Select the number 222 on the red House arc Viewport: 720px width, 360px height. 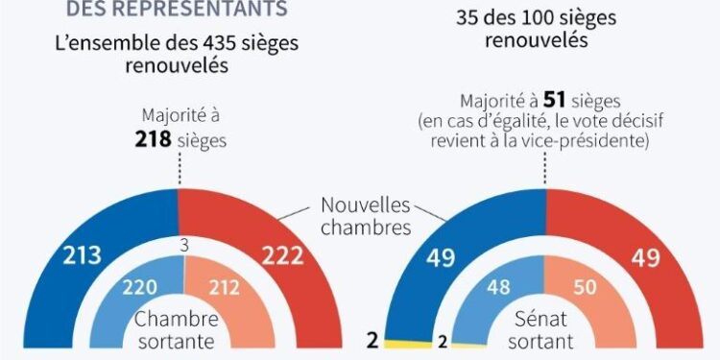pyautogui.click(x=282, y=255)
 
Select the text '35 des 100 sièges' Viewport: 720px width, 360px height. pyautogui.click(x=537, y=17)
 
